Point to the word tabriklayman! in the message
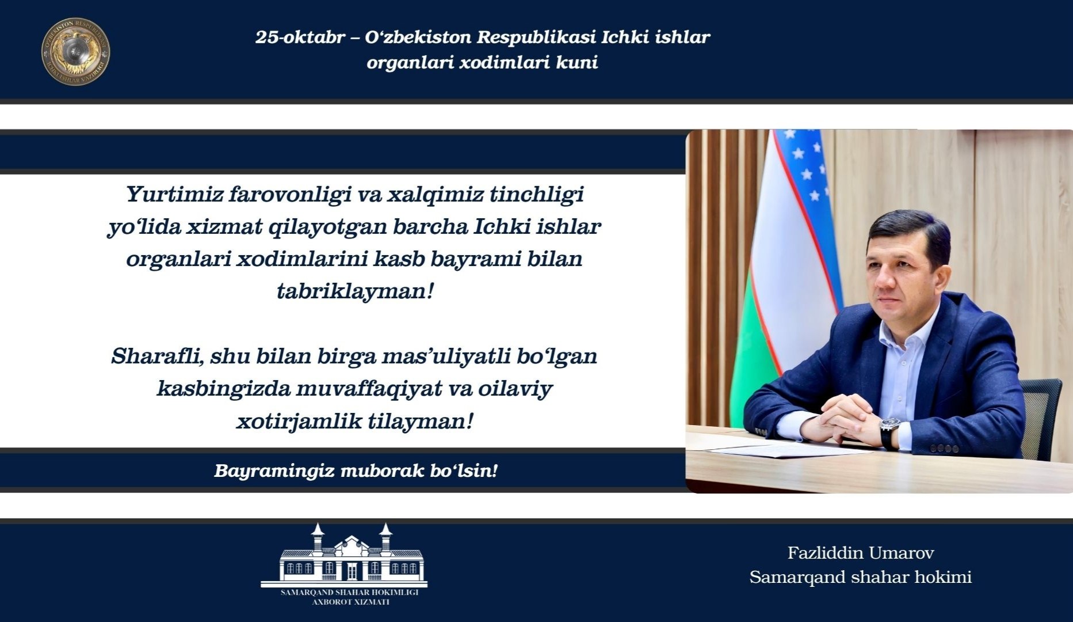click(354, 291)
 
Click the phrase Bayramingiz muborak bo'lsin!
click(356, 471)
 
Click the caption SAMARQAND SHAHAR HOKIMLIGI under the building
click(349, 592)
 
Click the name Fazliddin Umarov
click(861, 553)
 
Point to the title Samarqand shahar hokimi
click(861, 577)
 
